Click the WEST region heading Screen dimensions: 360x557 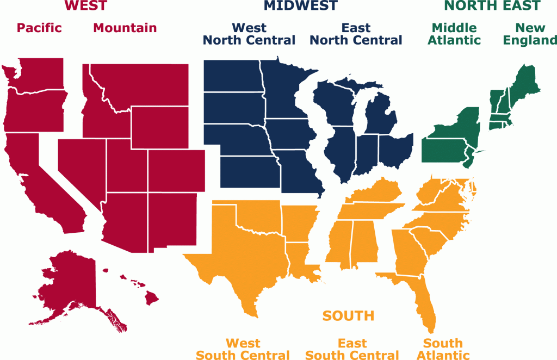pyautogui.click(x=85, y=6)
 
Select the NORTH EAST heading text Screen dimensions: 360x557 pyautogui.click(x=492, y=6)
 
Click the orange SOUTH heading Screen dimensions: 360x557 pyautogui.click(x=348, y=315)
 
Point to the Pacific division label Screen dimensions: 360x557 pyautogui.click(x=39, y=28)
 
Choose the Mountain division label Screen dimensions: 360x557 pyautogui.click(x=125, y=28)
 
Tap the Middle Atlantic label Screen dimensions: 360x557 pyautogui.click(x=454, y=34)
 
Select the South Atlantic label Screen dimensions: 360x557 pyautogui.click(x=443, y=349)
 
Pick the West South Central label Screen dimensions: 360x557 pyautogui.click(x=243, y=349)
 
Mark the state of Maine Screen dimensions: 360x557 pyautogui.click(x=525, y=82)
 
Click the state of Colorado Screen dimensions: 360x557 pyautogui.click(x=176, y=170)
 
